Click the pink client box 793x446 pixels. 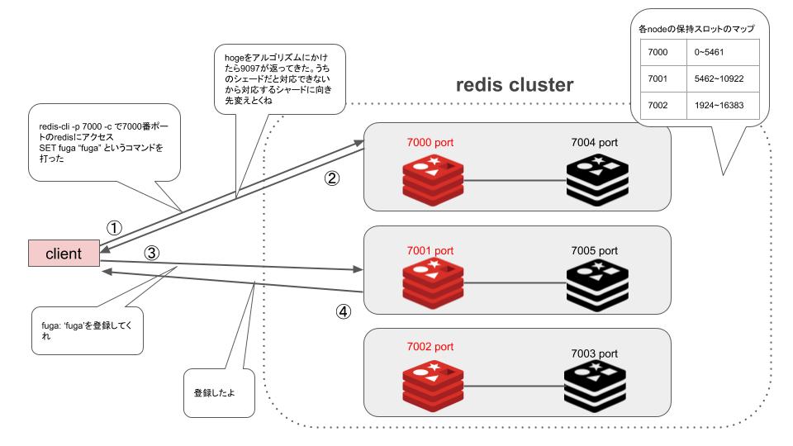coord(63,254)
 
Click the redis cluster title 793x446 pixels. coord(515,85)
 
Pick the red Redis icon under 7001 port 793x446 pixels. coord(430,282)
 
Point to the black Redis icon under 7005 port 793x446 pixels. coord(597,282)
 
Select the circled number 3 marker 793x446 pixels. coord(151,254)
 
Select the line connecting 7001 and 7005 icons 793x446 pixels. coord(515,283)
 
